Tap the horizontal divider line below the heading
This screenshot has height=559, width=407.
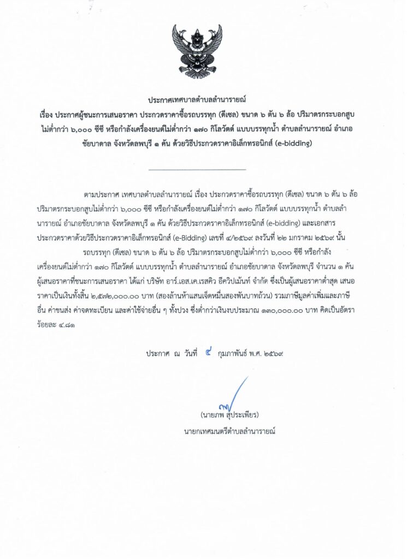(x=197, y=169)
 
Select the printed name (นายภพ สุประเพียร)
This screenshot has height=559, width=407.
(x=229, y=415)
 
